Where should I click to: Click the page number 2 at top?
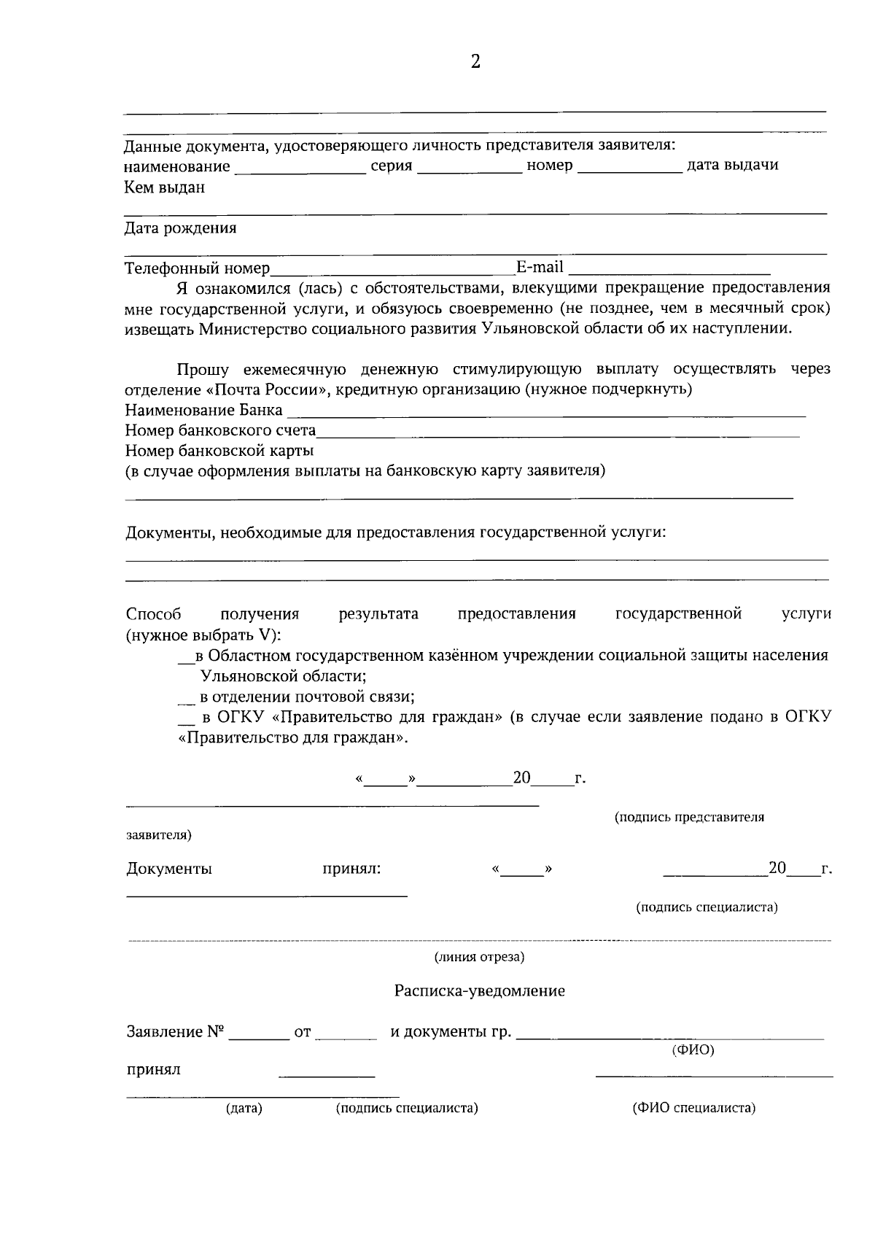pyautogui.click(x=475, y=62)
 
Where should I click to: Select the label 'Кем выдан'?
pyautogui.click(x=164, y=187)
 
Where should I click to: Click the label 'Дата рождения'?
pyautogui.click(x=180, y=228)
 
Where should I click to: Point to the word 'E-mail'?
pyautogui.click(x=540, y=267)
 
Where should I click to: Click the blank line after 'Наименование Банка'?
pyautogui.click(x=545, y=412)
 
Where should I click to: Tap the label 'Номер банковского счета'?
pyautogui.click(x=220, y=430)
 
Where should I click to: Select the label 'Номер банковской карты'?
pyautogui.click(x=219, y=450)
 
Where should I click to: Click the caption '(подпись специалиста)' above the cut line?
pyautogui.click(x=707, y=907)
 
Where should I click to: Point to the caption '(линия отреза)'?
pyautogui.click(x=479, y=957)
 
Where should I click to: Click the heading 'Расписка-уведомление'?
pyautogui.click(x=479, y=991)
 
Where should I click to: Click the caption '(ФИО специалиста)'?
pyautogui.click(x=693, y=1108)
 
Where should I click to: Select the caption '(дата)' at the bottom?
pyautogui.click(x=244, y=1109)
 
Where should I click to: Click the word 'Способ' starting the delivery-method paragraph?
pyautogui.click(x=153, y=614)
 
